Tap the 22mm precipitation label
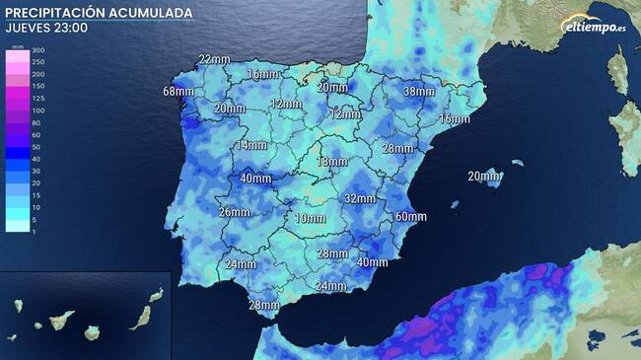(214, 60)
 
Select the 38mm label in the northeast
(419, 92)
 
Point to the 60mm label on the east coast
(410, 217)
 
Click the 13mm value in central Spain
(331, 162)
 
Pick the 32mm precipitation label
(360, 198)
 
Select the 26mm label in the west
(234, 212)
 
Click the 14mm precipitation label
(251, 146)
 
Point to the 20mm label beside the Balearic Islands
(483, 177)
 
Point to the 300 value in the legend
(38, 49)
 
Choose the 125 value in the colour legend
(38, 99)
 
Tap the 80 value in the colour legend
(38, 122)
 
